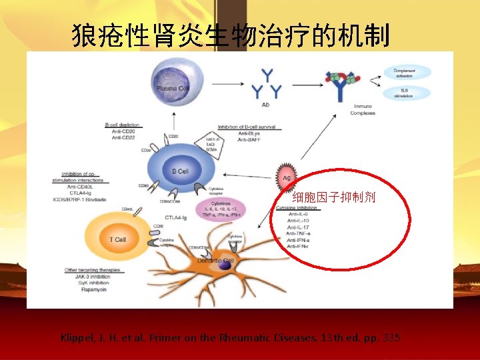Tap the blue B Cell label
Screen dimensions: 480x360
click(x=181, y=171)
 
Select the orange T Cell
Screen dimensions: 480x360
click(x=119, y=239)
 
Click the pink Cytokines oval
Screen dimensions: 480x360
click(x=221, y=207)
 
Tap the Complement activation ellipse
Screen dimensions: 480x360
click(x=404, y=72)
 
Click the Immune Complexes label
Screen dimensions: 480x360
click(x=363, y=109)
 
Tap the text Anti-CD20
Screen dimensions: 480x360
click(x=123, y=131)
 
